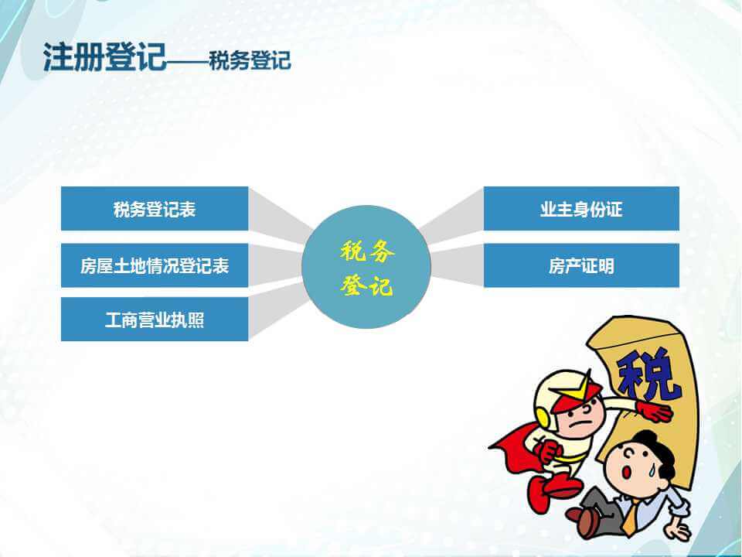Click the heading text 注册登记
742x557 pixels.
click(x=104, y=57)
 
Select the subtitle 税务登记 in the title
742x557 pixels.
click(x=250, y=60)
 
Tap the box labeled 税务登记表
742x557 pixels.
click(x=155, y=208)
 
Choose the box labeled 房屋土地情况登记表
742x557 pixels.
click(x=155, y=265)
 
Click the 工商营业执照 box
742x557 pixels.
click(x=155, y=320)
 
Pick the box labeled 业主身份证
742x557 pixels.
click(x=581, y=208)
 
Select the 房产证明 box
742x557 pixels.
click(x=581, y=265)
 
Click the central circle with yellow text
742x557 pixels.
click(x=366, y=267)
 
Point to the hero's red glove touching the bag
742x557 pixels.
click(x=655, y=411)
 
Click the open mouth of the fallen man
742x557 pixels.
click(x=626, y=473)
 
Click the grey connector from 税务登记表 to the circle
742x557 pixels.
click(x=280, y=215)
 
